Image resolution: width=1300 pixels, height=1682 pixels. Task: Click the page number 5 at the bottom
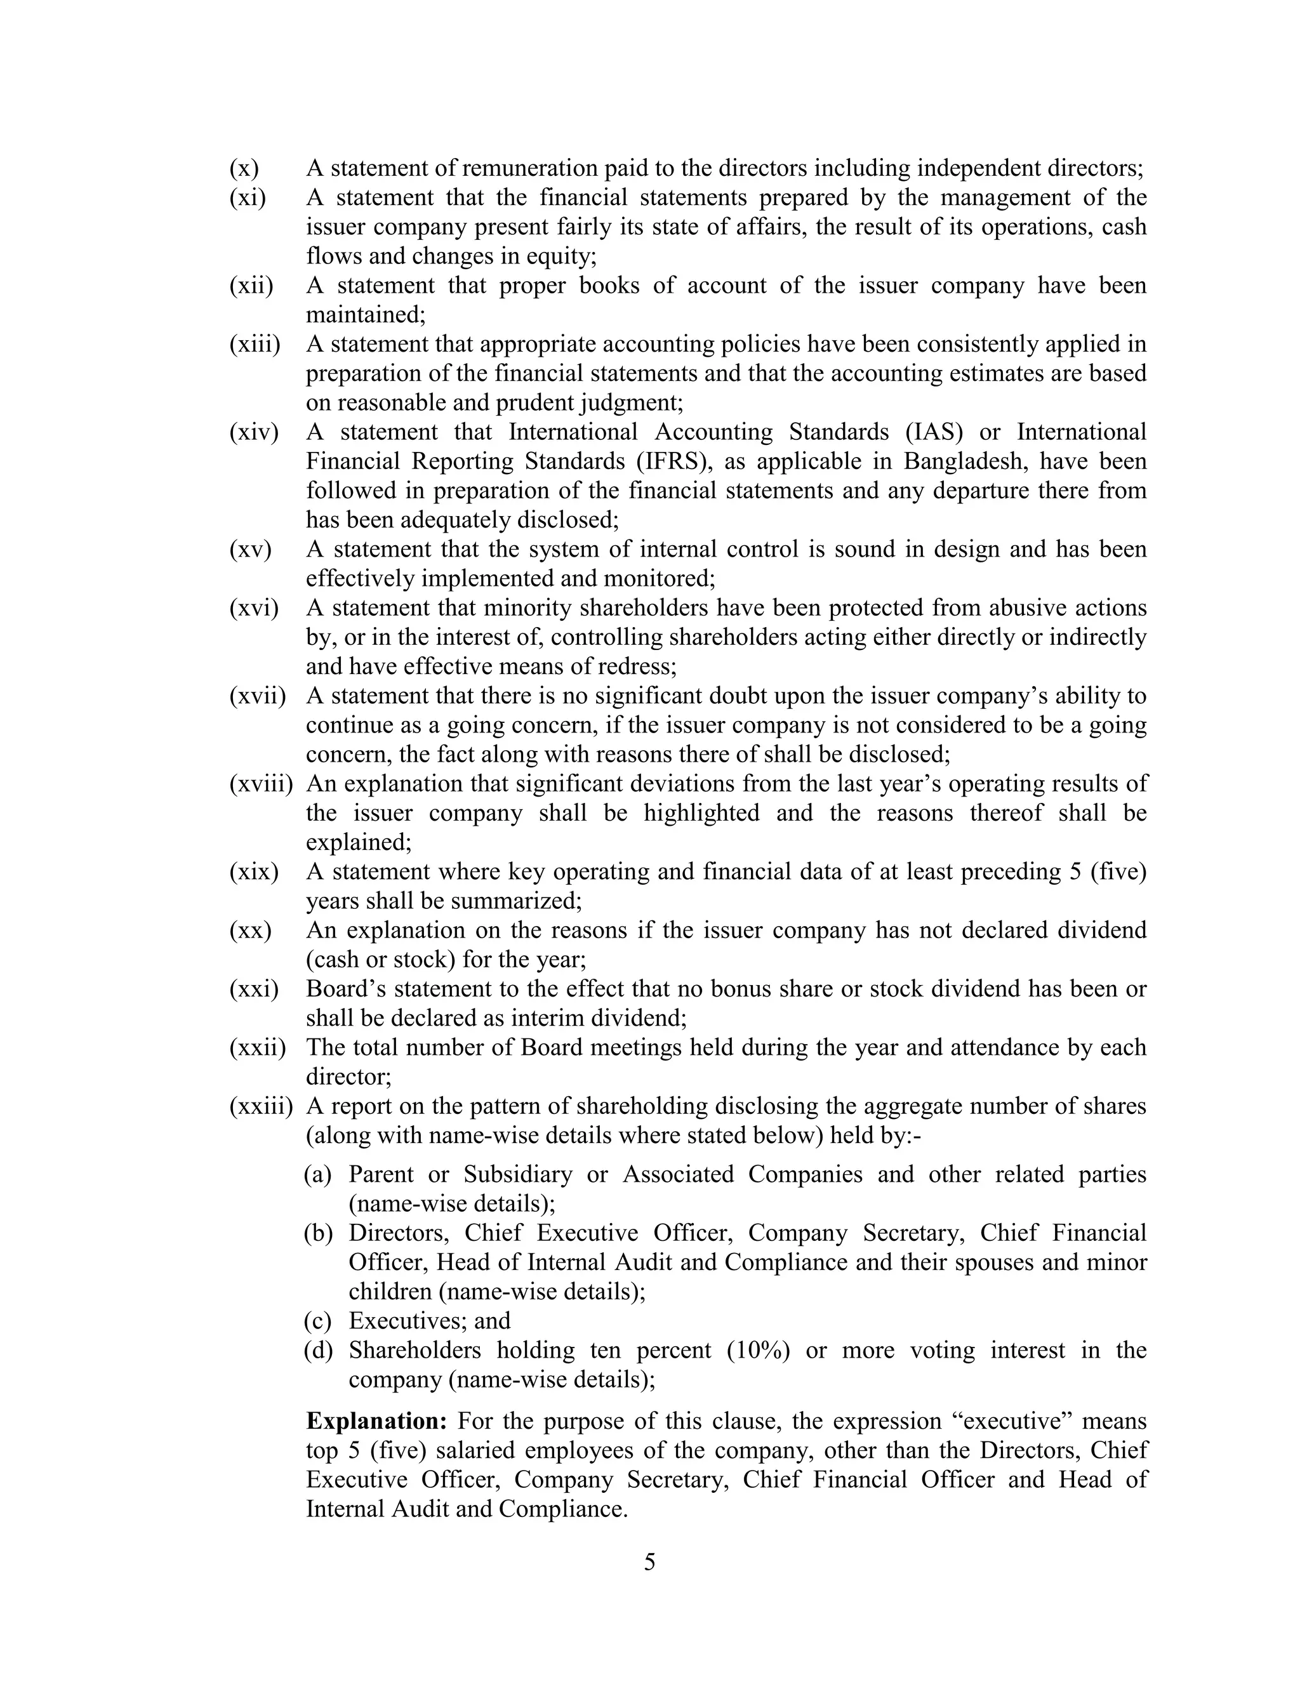click(649, 1562)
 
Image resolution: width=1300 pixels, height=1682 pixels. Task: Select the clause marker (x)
click(244, 168)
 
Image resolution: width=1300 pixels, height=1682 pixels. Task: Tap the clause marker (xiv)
click(253, 432)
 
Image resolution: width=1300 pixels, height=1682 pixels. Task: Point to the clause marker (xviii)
click(261, 784)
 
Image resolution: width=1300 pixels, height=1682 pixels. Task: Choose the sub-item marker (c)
click(317, 1321)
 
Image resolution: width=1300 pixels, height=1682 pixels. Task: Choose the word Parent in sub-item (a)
click(381, 1174)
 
